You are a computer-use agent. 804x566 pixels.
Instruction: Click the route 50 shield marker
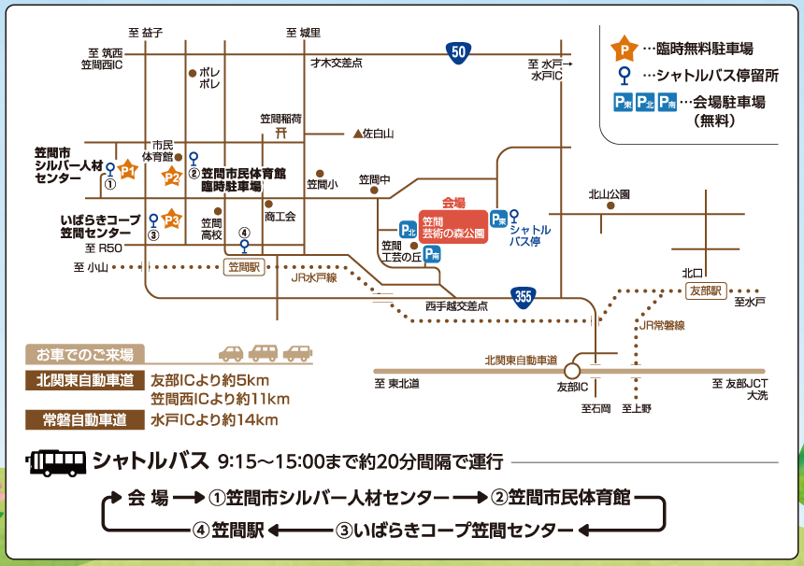456,53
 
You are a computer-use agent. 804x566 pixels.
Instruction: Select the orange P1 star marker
128,171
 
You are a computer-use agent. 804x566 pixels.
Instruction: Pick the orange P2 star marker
171,176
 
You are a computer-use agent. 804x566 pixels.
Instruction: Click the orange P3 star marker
171,219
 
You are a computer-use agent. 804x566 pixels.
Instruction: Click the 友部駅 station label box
706,290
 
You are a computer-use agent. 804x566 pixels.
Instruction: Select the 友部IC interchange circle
573,371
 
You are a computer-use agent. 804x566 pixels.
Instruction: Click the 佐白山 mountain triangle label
373,134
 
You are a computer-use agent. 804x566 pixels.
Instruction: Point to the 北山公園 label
609,194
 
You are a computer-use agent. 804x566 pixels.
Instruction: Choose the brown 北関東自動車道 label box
83,380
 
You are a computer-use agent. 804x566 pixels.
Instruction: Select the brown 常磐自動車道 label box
83,419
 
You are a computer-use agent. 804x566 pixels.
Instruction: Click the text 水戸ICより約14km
214,420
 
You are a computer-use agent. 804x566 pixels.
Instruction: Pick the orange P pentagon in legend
620,48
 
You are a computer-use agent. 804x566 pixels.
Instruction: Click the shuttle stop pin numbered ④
245,246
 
